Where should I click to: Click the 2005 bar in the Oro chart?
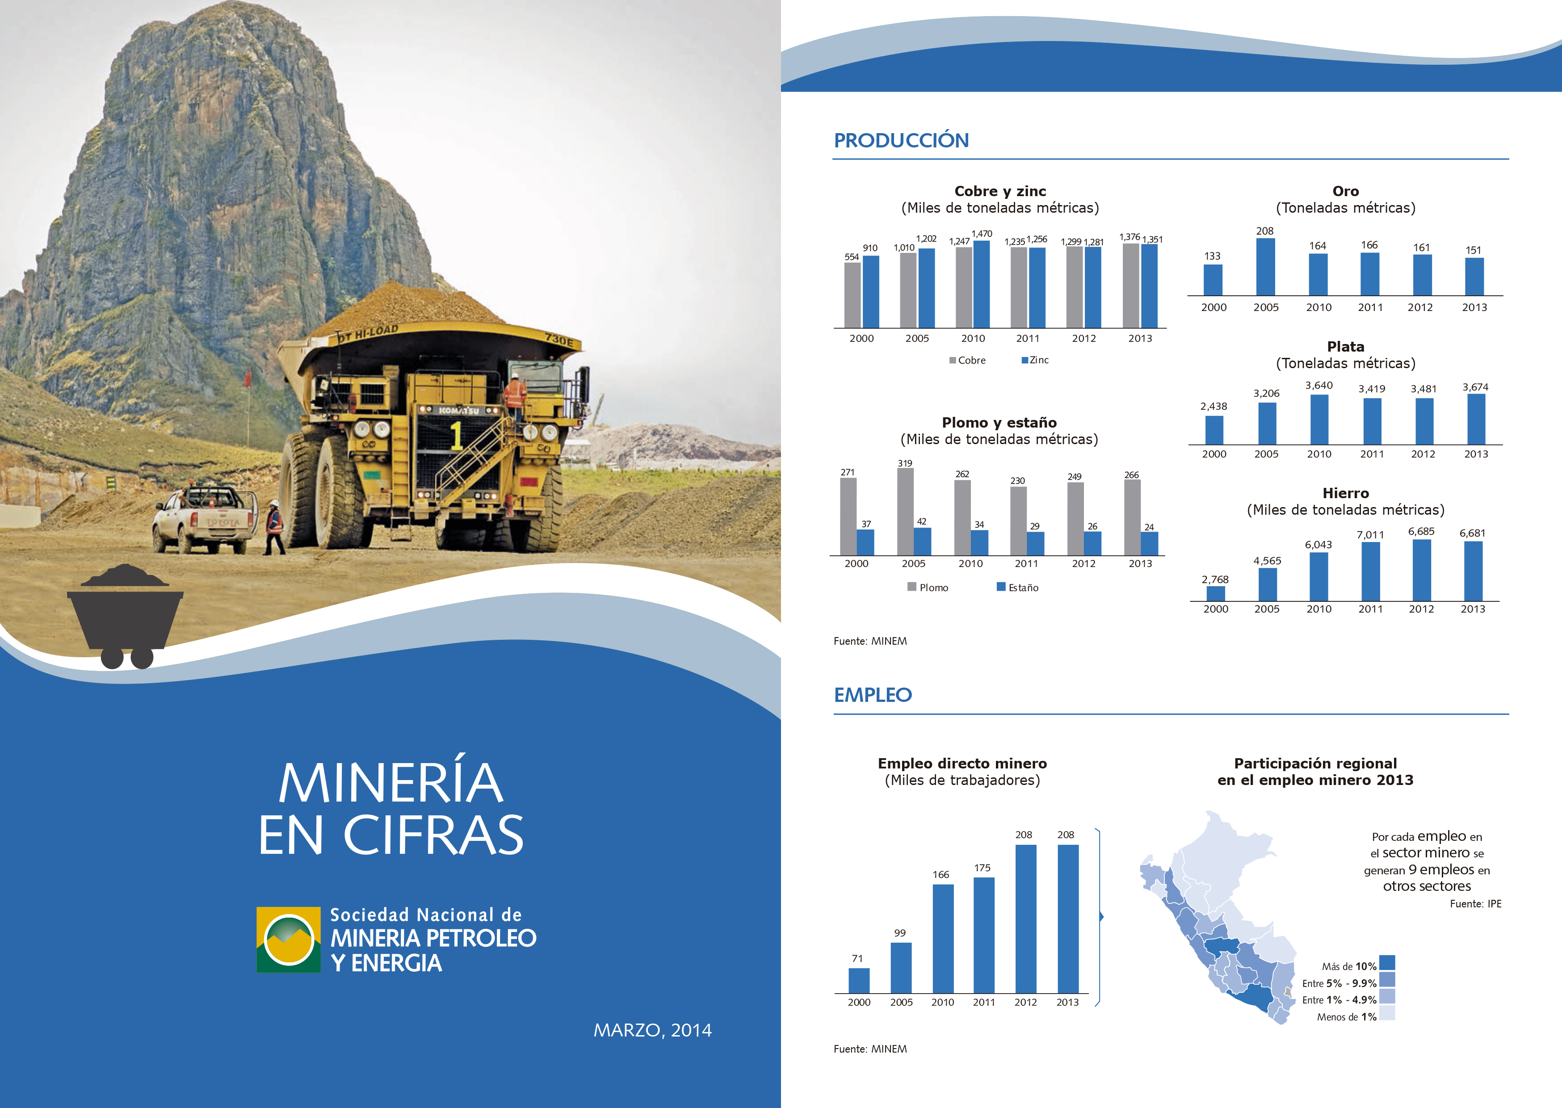1265,267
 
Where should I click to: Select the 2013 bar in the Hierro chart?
1474,571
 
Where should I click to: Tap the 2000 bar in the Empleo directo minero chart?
859,980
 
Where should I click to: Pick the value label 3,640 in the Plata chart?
1318,386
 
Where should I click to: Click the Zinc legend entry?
1035,360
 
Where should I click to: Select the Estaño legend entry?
1018,588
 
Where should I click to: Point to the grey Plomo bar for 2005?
905,512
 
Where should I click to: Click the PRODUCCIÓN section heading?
901,141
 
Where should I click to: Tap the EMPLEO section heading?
873,695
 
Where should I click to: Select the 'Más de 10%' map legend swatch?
1387,963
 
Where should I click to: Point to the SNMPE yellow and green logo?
289,940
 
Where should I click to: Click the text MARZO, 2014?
653,1030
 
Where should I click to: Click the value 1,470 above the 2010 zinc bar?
982,234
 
